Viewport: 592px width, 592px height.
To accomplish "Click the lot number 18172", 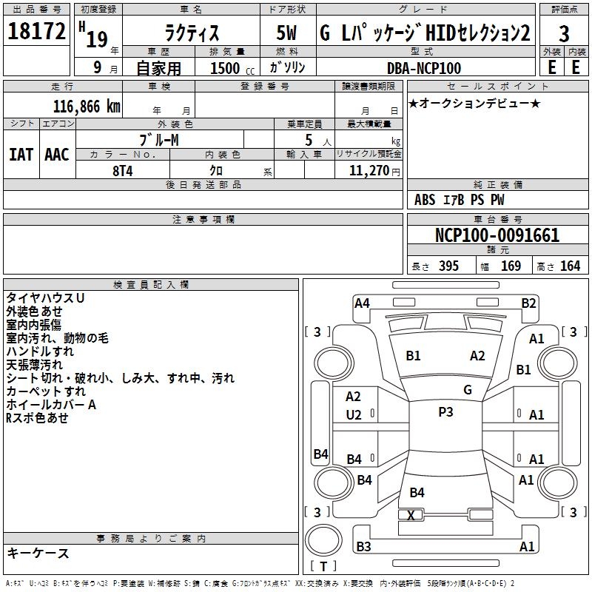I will pyautogui.click(x=37, y=31).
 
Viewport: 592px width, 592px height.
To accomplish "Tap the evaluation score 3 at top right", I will pyautogui.click(x=564, y=33).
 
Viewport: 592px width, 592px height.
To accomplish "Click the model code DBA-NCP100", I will pyautogui.click(x=424, y=68).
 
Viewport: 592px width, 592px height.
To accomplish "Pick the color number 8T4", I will pyautogui.click(x=123, y=169).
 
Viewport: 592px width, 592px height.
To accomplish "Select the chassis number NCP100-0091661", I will pyautogui.click(x=497, y=236).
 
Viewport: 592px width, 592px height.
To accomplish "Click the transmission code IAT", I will pyautogui.click(x=20, y=154).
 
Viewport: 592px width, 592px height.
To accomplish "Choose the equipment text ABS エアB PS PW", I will pyautogui.click(x=460, y=200).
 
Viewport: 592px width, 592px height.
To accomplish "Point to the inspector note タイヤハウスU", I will pyautogui.click(x=45, y=297).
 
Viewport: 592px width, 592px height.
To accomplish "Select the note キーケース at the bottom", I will pyautogui.click(x=38, y=553).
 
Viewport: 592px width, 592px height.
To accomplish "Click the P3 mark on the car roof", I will pyautogui.click(x=445, y=412).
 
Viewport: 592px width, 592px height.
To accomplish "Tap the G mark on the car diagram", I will pyautogui.click(x=468, y=390).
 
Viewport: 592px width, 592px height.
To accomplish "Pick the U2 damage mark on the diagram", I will pyautogui.click(x=354, y=415).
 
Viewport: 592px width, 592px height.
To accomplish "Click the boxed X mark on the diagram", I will pyautogui.click(x=411, y=515).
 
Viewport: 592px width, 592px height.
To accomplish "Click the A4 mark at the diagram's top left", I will pyautogui.click(x=362, y=303).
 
